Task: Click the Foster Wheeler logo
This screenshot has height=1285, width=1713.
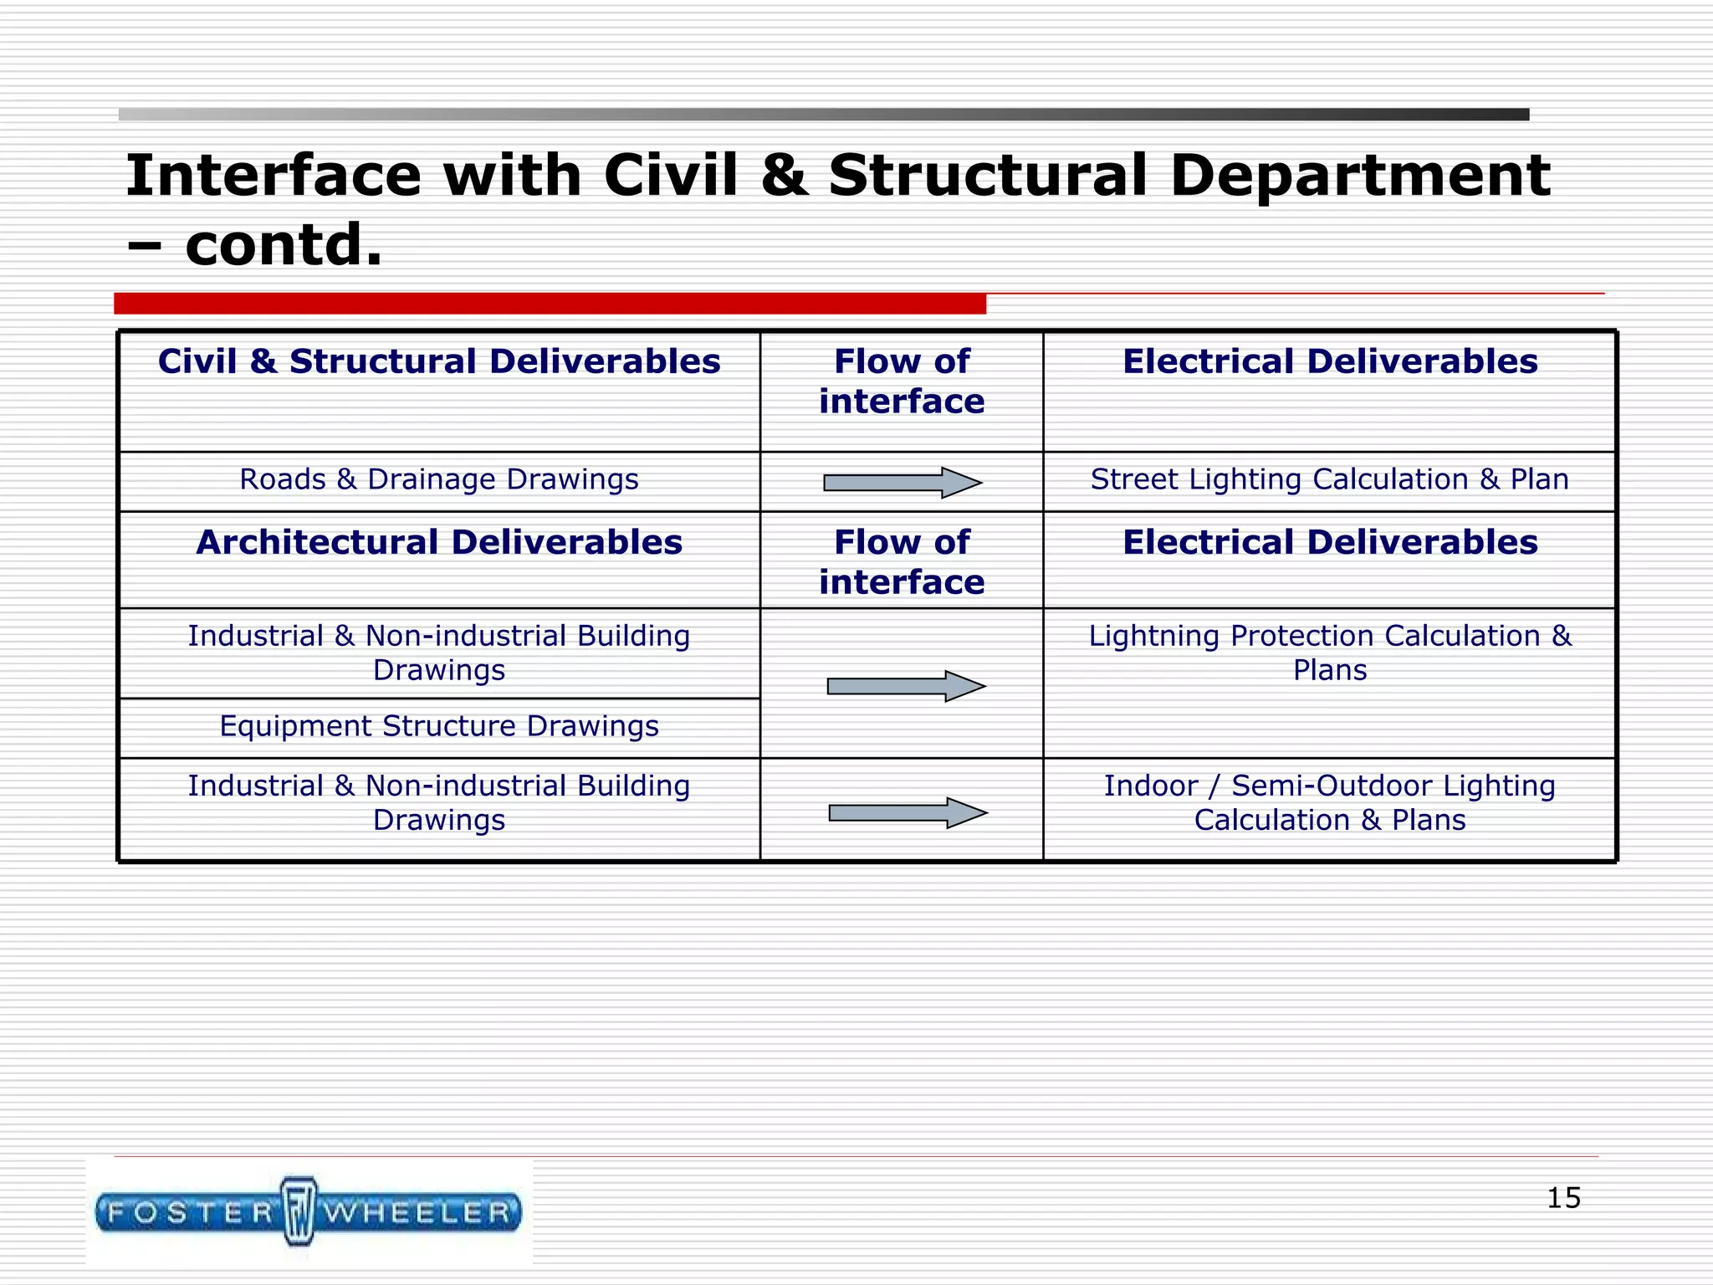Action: pos(309,1211)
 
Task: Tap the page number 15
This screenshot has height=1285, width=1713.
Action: pos(1562,1197)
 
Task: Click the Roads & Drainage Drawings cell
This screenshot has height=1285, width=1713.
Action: pos(438,479)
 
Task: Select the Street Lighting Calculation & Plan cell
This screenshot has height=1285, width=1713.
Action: pos(1329,479)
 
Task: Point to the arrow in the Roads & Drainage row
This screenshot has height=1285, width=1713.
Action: pos(902,482)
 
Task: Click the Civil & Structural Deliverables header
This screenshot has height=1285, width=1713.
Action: pos(438,361)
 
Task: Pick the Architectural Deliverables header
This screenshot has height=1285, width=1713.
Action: pos(438,542)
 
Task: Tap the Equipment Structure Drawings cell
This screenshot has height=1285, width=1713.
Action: pos(438,726)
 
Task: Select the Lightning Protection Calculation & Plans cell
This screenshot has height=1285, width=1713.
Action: pos(1329,653)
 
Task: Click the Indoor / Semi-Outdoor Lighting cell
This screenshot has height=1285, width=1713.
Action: pos(1329,802)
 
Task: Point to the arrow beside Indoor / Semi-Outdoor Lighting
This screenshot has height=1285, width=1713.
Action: pos(908,812)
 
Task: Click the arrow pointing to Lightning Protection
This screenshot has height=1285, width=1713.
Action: pos(906,686)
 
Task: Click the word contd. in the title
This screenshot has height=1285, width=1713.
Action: pos(283,245)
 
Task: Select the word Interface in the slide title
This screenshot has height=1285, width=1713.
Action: pos(273,176)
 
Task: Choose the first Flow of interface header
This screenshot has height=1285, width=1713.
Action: pos(902,381)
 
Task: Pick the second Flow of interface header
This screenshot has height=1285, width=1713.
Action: pos(902,562)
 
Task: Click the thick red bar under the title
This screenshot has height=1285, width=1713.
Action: pos(550,304)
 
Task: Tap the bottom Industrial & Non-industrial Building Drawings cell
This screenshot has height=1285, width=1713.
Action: pos(438,802)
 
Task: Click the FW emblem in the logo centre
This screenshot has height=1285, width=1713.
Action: pos(299,1211)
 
